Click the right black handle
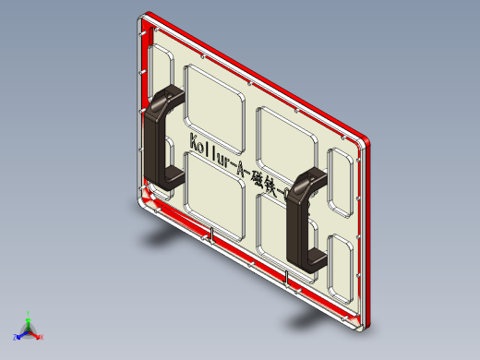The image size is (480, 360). pos(303,222)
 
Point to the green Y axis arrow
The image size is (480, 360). pos(29,316)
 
